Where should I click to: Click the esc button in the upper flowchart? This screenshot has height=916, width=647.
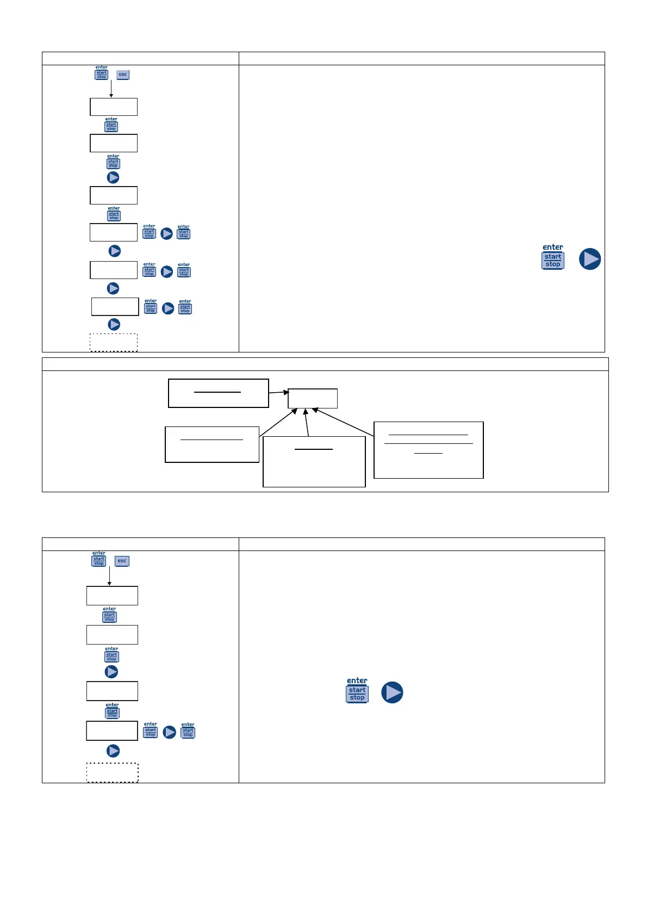tap(123, 75)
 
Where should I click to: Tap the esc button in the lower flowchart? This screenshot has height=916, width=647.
tap(122, 561)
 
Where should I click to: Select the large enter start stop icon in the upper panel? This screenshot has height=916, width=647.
tap(553, 257)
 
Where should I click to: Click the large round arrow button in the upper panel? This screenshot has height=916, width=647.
tap(590, 259)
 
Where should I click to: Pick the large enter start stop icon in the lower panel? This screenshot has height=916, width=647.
tap(357, 691)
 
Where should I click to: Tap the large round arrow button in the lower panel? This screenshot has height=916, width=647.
tap(392, 692)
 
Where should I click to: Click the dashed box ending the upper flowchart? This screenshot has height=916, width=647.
tap(114, 343)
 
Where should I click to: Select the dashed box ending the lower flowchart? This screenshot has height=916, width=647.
tap(113, 773)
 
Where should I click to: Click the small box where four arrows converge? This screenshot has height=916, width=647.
tap(313, 398)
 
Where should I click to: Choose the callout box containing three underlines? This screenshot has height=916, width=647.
tap(428, 450)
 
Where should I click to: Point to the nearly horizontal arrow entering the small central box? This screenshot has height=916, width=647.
tap(279, 392)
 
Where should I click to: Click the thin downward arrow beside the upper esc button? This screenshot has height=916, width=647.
tap(111, 89)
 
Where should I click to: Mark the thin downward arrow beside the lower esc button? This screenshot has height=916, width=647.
tap(109, 576)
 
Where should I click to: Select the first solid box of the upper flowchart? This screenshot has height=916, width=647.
tap(114, 107)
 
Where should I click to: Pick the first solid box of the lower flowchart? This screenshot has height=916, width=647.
tap(112, 596)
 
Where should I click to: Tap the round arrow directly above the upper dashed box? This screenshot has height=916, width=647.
tap(114, 325)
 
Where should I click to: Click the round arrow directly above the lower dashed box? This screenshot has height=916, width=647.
tap(113, 751)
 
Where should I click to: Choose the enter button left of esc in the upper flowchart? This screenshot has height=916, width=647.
tap(102, 73)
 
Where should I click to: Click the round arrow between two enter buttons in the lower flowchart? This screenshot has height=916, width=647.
tap(170, 732)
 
